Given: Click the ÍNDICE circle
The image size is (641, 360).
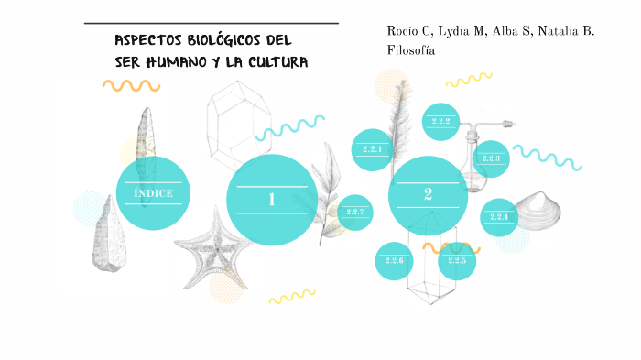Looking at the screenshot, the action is [153, 192].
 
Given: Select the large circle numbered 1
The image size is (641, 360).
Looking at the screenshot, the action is [271, 199].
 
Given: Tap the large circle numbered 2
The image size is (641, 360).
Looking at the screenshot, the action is [428, 194].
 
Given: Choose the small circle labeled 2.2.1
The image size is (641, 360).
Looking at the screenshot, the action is [372, 149].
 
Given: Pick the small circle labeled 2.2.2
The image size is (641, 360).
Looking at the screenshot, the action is [440, 122].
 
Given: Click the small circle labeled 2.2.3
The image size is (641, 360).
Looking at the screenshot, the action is [491, 158].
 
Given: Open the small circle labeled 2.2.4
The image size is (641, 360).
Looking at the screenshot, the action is [499, 217].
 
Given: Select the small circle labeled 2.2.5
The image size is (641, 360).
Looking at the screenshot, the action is [457, 261].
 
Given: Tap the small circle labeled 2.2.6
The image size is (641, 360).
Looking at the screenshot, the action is [394, 261].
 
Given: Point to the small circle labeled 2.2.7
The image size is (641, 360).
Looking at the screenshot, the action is [354, 213].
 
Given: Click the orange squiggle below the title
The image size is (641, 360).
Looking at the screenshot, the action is [131, 85].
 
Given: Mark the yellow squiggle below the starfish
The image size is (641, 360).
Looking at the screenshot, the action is [291, 296].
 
